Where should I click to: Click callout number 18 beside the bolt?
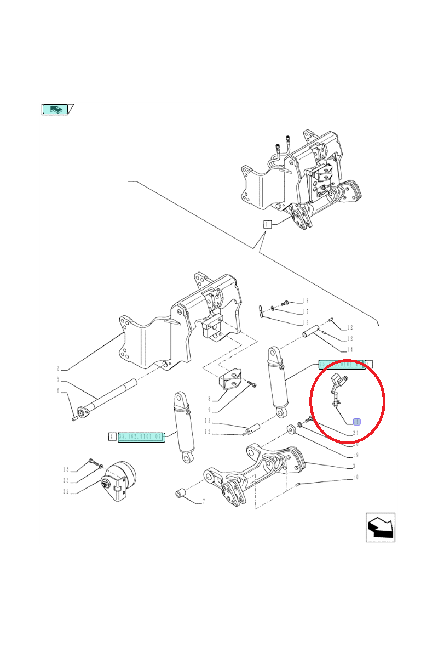306,301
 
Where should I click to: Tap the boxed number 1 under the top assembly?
267,224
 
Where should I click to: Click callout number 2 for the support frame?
57,368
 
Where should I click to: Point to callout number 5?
57,379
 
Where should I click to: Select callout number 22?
65,491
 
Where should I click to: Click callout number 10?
355,478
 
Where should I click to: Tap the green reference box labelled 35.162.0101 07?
141,436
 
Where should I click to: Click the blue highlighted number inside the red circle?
356,422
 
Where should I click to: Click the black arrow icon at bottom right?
380,527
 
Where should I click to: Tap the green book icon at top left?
57,109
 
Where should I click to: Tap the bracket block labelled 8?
230,381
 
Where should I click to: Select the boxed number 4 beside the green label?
112,436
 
